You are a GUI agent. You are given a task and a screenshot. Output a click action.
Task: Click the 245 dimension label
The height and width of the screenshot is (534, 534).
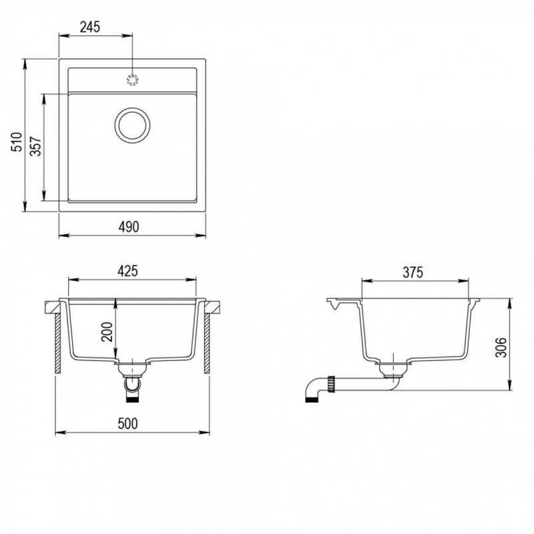point(90,27)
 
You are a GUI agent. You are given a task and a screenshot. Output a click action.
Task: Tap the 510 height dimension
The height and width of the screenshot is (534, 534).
point(17,142)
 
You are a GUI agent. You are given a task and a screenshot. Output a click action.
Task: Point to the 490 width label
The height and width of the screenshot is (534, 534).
point(129,227)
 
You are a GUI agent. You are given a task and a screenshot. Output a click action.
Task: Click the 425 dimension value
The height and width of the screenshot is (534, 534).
point(127,271)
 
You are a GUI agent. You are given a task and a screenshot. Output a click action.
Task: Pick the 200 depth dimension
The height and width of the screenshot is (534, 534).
point(107,331)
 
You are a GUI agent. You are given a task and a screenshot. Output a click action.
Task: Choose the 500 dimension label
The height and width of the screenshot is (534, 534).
point(127,424)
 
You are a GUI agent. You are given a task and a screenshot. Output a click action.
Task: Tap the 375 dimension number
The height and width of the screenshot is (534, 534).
point(413,272)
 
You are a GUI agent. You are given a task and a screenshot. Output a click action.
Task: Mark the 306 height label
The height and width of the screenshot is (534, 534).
point(501,347)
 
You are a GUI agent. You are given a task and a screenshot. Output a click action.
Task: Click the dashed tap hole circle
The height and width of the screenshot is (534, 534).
point(132,79)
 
